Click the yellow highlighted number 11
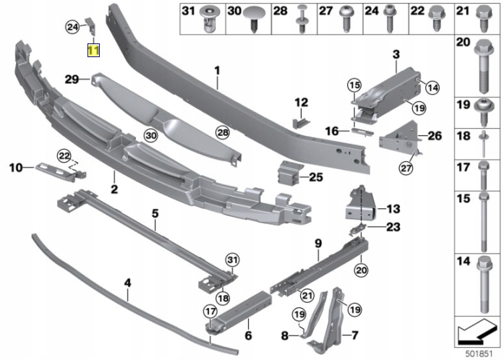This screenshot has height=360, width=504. (95, 51)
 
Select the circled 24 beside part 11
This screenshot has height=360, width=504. (72, 27)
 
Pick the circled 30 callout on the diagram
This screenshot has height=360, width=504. (150, 135)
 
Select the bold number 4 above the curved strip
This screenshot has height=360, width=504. (127, 284)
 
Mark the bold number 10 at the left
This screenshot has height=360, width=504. (16, 168)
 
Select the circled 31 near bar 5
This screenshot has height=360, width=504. (231, 259)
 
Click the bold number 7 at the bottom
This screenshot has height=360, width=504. (354, 335)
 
